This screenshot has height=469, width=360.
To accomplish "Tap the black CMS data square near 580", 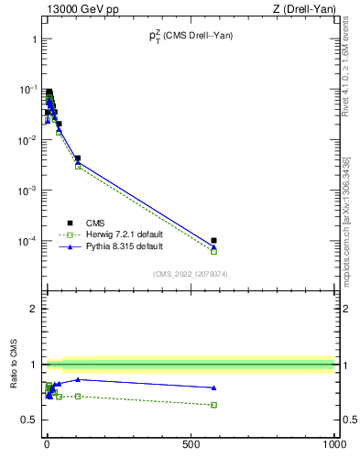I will pyautogui.click(x=213, y=241).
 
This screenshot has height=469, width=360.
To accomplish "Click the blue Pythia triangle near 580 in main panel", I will pyautogui.click(x=213, y=246).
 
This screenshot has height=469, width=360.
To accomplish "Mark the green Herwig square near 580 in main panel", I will pyautogui.click(x=213, y=251).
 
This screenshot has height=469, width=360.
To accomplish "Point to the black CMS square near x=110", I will pyautogui.click(x=78, y=158).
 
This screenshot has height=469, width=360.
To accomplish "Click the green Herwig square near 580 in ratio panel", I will pyautogui.click(x=213, y=405).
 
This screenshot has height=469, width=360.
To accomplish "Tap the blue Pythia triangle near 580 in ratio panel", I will pyautogui.click(x=213, y=387).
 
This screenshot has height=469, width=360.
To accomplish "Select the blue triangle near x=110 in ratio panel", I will pyautogui.click(x=78, y=379).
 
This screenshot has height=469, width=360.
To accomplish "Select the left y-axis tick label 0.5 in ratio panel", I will pyautogui.click(x=29, y=420).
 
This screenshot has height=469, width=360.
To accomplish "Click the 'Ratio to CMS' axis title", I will pyautogui.click(x=14, y=364).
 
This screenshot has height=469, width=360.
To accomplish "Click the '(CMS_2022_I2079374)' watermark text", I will pyautogui.click(x=190, y=273).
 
